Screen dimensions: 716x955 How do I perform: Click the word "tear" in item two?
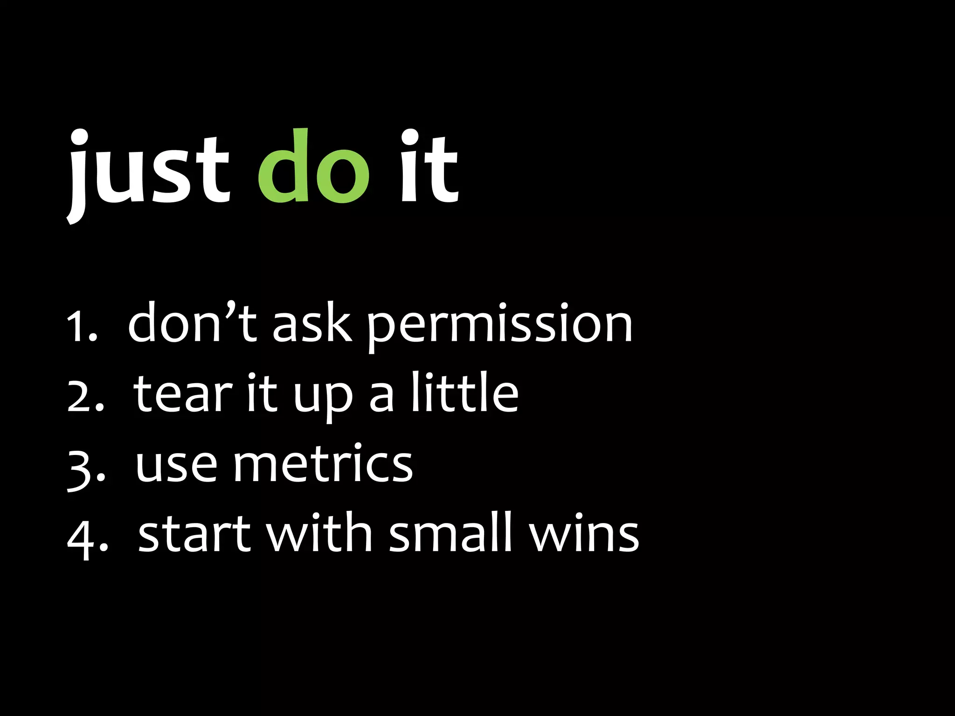(x=183, y=394)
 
